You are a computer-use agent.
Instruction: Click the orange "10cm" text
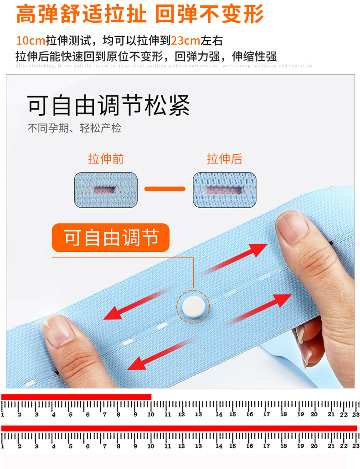(30, 41)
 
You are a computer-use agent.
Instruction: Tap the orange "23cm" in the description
(185, 41)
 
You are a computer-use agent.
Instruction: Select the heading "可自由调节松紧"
(108, 105)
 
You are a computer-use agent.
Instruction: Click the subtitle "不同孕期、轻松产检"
(74, 128)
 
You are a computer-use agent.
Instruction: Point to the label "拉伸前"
(106, 159)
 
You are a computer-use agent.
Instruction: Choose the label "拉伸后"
(224, 159)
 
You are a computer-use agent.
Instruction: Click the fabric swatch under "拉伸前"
(106, 189)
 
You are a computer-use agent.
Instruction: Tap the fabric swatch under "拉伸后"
(224, 189)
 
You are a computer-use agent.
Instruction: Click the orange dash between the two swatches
(165, 189)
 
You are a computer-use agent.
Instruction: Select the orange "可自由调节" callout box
(111, 238)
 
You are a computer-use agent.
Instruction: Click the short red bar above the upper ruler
(76, 397)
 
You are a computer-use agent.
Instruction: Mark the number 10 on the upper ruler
(150, 414)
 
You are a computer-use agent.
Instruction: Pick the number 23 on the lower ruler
(356, 446)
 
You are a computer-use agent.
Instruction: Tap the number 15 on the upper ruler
(232, 414)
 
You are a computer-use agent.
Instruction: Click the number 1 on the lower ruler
(3, 446)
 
